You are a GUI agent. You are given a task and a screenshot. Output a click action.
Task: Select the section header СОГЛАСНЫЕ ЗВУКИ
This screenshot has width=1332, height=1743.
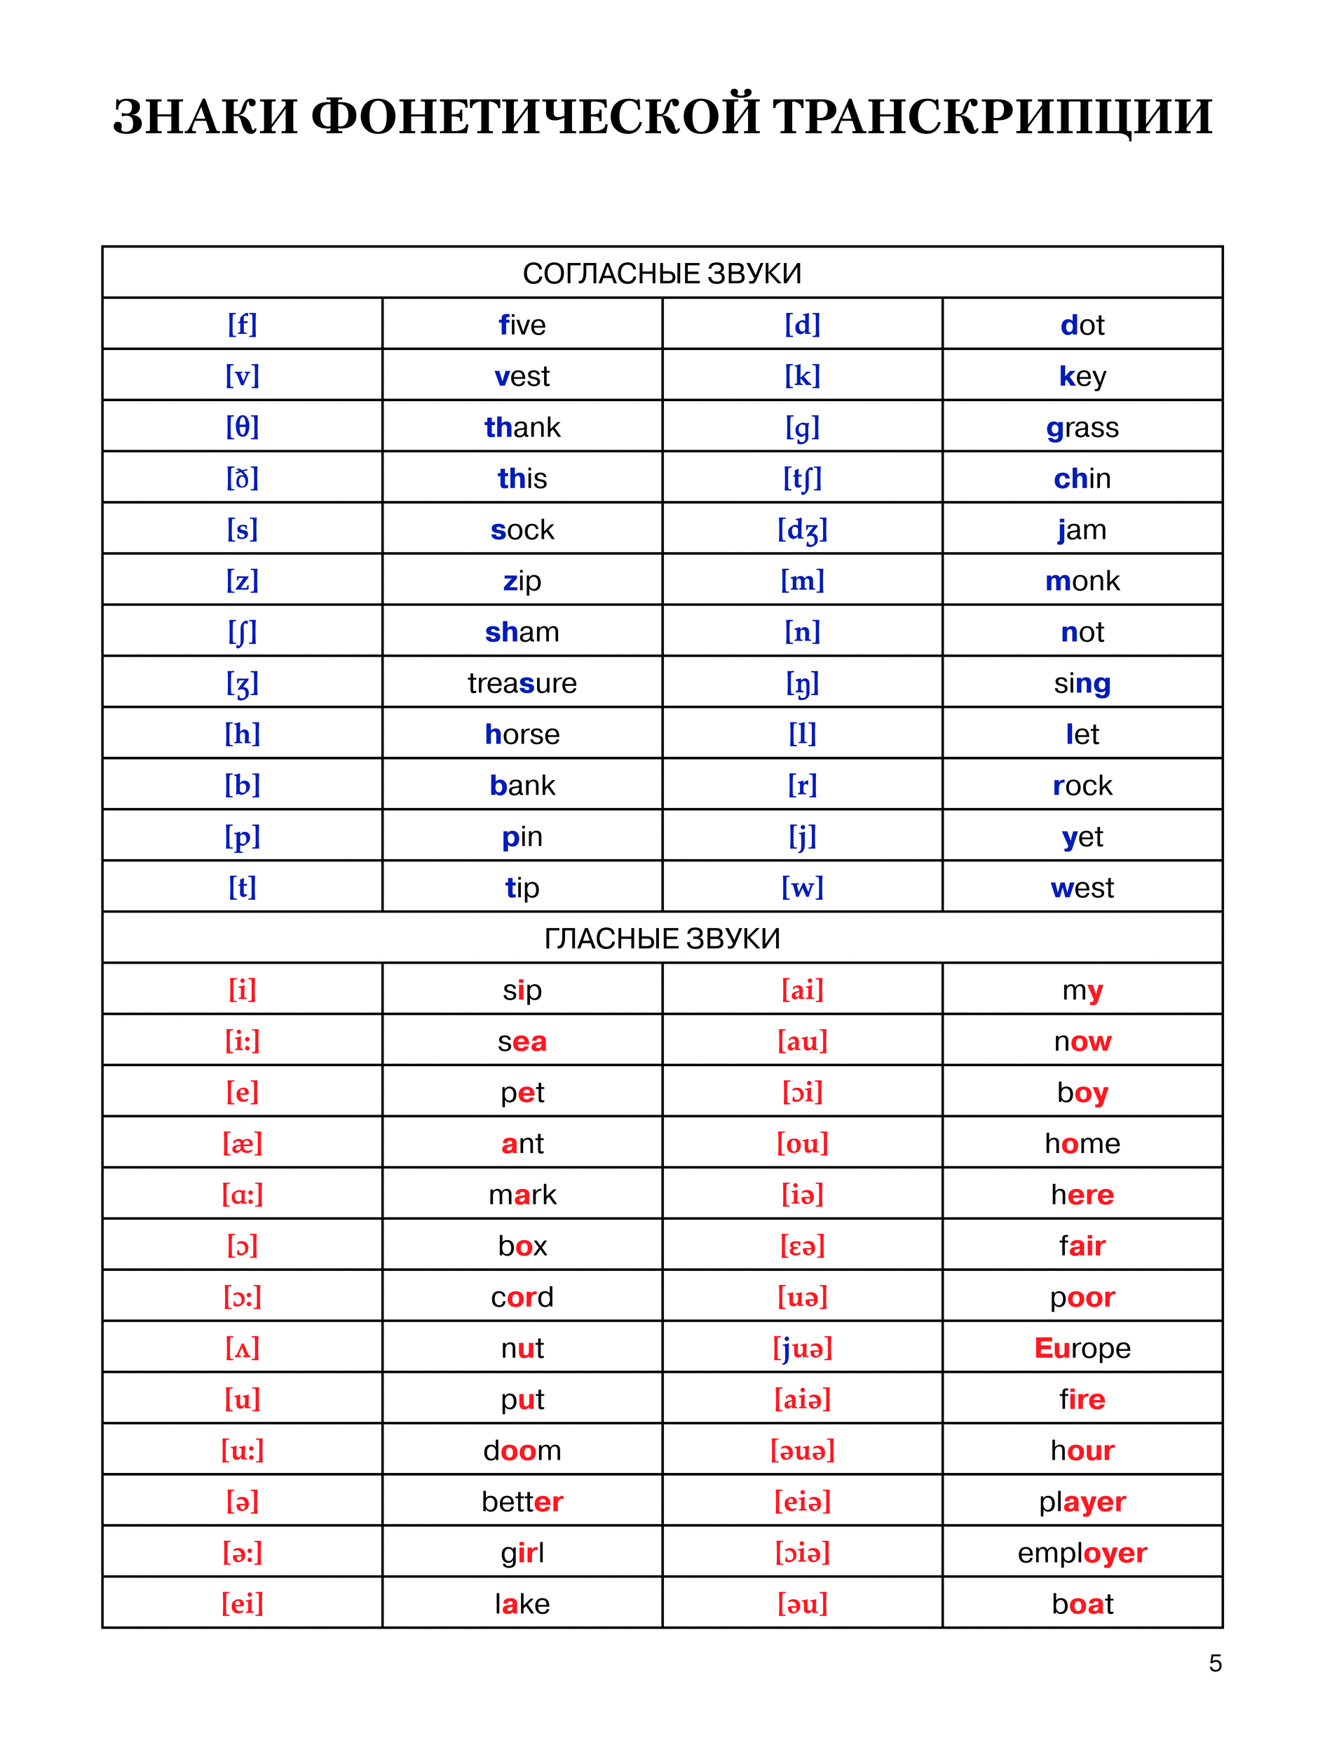tap(662, 274)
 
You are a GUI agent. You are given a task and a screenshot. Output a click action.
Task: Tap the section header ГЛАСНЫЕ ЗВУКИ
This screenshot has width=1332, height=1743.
tap(662, 939)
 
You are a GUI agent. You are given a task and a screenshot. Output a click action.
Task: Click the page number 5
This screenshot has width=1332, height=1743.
tap(1215, 1663)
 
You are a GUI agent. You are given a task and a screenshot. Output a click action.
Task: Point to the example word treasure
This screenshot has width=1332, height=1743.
tap(522, 683)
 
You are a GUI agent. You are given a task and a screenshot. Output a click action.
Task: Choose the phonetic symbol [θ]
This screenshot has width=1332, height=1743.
tap(243, 427)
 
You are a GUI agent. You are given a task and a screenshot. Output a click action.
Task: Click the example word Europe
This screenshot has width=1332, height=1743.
tap(1082, 1348)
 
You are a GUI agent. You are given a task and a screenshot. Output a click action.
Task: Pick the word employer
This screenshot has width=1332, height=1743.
tap(1082, 1553)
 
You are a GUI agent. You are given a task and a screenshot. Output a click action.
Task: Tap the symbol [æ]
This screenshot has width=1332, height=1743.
tap(243, 1143)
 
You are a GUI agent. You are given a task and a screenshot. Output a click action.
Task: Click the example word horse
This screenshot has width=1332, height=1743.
tap(522, 734)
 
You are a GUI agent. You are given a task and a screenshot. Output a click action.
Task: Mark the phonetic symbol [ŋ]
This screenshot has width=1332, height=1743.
tap(803, 683)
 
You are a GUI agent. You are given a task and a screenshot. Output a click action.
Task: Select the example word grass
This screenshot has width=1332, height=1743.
tap(1082, 428)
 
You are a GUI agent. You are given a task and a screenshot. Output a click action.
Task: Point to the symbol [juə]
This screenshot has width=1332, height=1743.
tap(803, 1348)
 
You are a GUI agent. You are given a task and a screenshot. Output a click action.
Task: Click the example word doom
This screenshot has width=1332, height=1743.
tap(522, 1451)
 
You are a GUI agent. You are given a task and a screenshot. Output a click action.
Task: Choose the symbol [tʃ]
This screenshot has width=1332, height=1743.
tap(803, 478)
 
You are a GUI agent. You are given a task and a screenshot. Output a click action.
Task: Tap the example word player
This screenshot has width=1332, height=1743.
tap(1082, 1502)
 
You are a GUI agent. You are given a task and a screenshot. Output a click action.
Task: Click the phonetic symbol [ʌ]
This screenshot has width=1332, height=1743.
tap(243, 1348)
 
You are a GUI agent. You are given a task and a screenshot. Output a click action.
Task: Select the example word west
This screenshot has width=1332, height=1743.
tap(1082, 888)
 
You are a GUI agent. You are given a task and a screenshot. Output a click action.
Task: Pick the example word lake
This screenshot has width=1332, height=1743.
tap(522, 1604)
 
